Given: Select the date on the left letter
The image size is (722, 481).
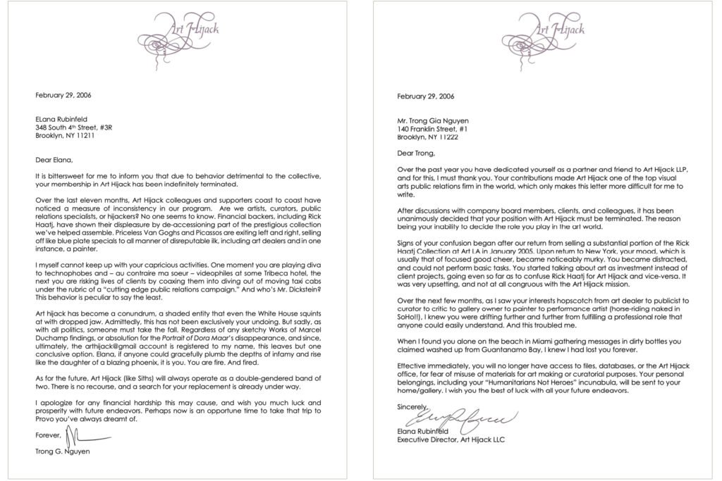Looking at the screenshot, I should [x=63, y=95].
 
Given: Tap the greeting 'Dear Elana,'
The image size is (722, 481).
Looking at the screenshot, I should [x=54, y=160].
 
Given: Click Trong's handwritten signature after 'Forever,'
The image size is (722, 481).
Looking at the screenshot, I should [x=74, y=433].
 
